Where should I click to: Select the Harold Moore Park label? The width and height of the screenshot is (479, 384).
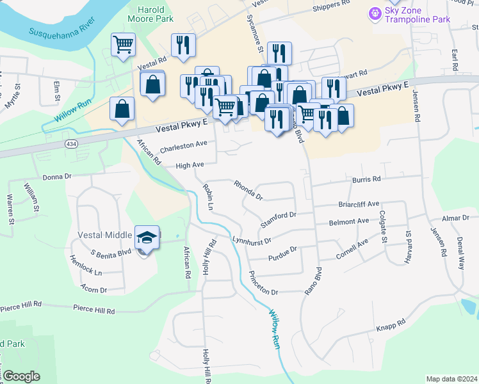click(156, 15)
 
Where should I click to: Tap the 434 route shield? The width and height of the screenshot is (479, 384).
click(68, 145)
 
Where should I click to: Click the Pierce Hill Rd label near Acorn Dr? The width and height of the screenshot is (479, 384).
click(93, 310)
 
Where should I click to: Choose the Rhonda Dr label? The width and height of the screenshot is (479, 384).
click(248, 189)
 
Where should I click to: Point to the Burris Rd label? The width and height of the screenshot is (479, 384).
click(366, 180)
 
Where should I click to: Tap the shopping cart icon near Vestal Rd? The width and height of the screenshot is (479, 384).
click(123, 45)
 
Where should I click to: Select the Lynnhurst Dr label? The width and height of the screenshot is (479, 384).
click(252, 242)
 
